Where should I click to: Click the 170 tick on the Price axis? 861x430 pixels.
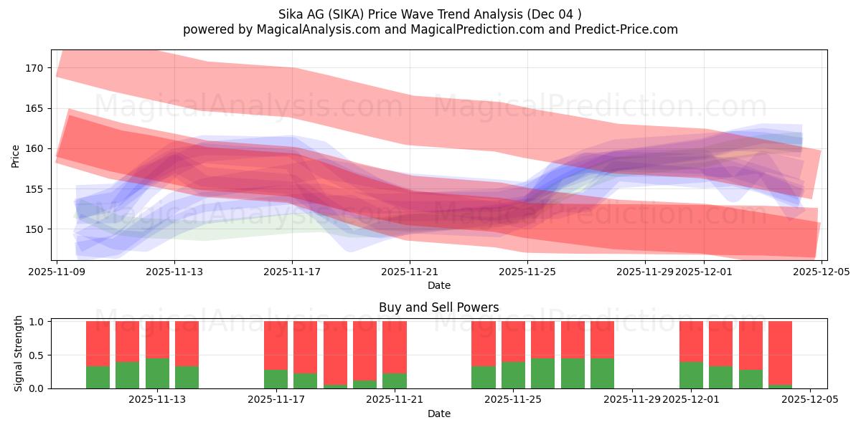click(x=34, y=68)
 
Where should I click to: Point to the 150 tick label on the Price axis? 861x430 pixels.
click(x=34, y=229)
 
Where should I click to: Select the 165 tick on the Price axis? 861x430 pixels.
click(x=34, y=108)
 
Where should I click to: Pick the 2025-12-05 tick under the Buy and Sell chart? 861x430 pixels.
click(x=809, y=400)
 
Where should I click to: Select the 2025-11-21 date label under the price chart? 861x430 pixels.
click(x=410, y=272)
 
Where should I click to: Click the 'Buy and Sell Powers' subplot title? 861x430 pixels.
click(x=438, y=308)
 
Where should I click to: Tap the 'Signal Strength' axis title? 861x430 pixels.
click(x=19, y=354)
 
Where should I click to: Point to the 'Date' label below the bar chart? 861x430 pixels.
click(x=438, y=414)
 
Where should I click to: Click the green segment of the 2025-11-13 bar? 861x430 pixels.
click(x=157, y=373)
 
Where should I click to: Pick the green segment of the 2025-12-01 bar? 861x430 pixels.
click(x=691, y=375)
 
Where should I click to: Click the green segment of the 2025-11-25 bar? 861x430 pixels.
click(x=513, y=375)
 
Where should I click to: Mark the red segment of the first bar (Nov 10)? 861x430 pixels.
click(x=98, y=343)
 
